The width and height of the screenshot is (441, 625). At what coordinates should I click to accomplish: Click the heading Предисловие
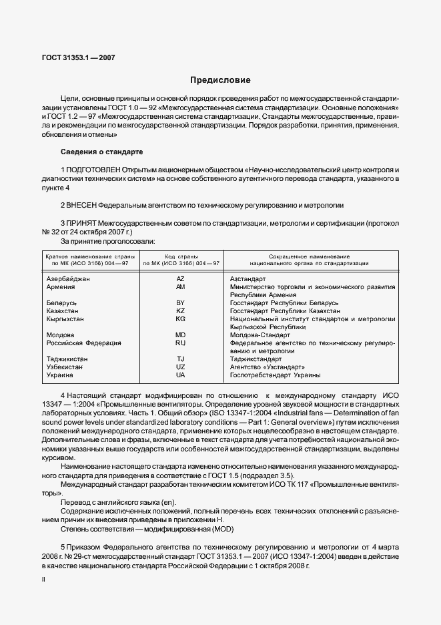[x=220, y=80]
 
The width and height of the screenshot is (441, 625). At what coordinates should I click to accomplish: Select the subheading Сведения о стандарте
[x=101, y=152]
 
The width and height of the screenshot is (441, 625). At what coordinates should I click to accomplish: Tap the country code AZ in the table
[x=180, y=278]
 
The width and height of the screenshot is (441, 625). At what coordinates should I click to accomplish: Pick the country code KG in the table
[x=180, y=319]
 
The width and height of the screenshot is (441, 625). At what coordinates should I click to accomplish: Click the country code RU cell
[x=180, y=343]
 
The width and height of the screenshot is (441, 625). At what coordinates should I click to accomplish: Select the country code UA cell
[x=180, y=375]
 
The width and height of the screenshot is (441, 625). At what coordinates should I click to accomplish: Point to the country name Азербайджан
[x=67, y=278]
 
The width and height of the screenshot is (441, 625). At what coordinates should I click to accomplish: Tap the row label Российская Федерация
[x=83, y=343]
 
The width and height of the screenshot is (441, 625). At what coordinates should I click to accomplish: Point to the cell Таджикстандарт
[x=256, y=359]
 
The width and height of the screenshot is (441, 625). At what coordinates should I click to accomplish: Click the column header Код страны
[x=180, y=256]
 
